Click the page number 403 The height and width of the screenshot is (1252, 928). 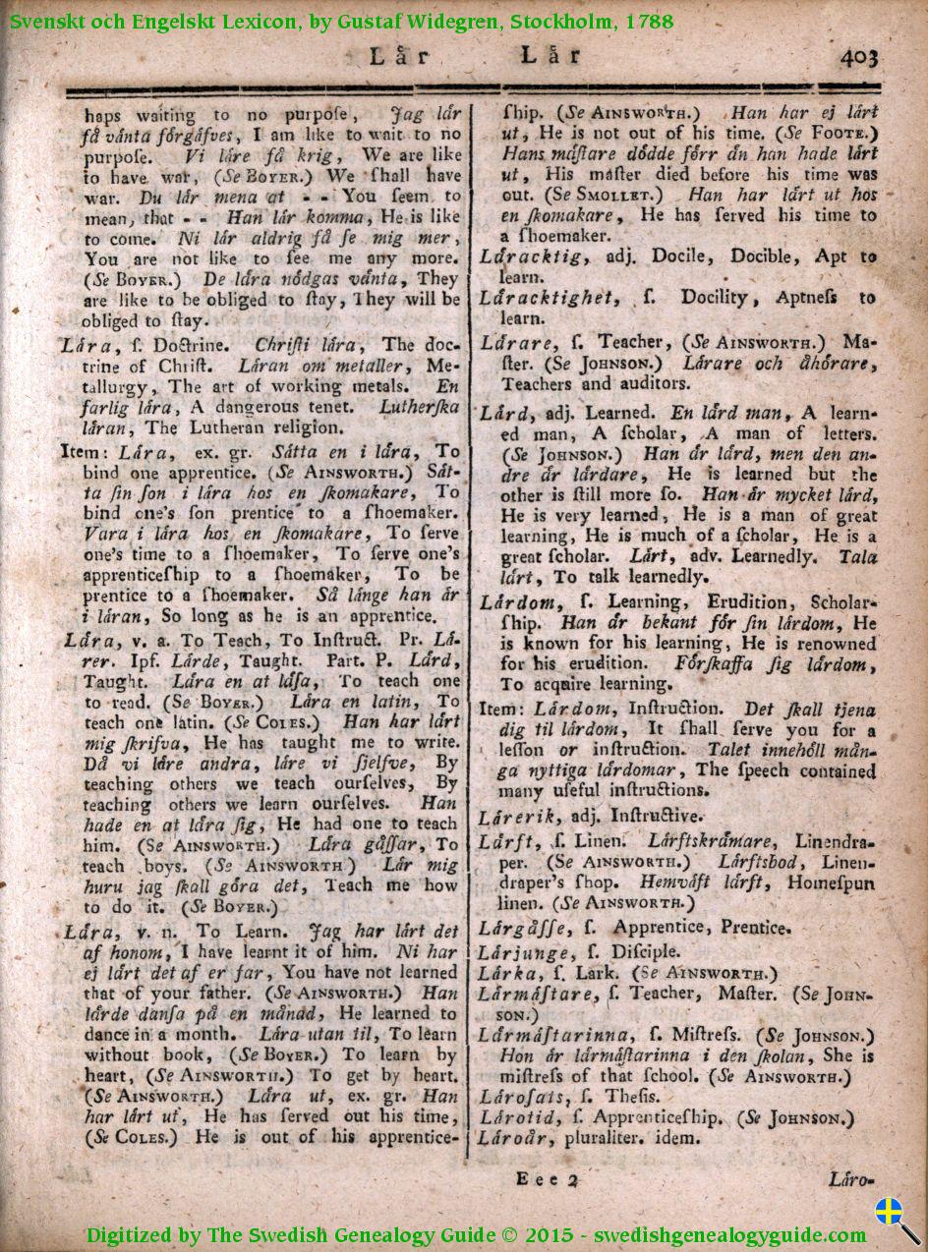coord(859,58)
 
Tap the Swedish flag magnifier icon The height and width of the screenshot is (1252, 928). coord(896,1219)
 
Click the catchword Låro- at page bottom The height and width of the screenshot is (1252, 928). coord(851,1178)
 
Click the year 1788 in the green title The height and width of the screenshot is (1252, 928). coord(646,19)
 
